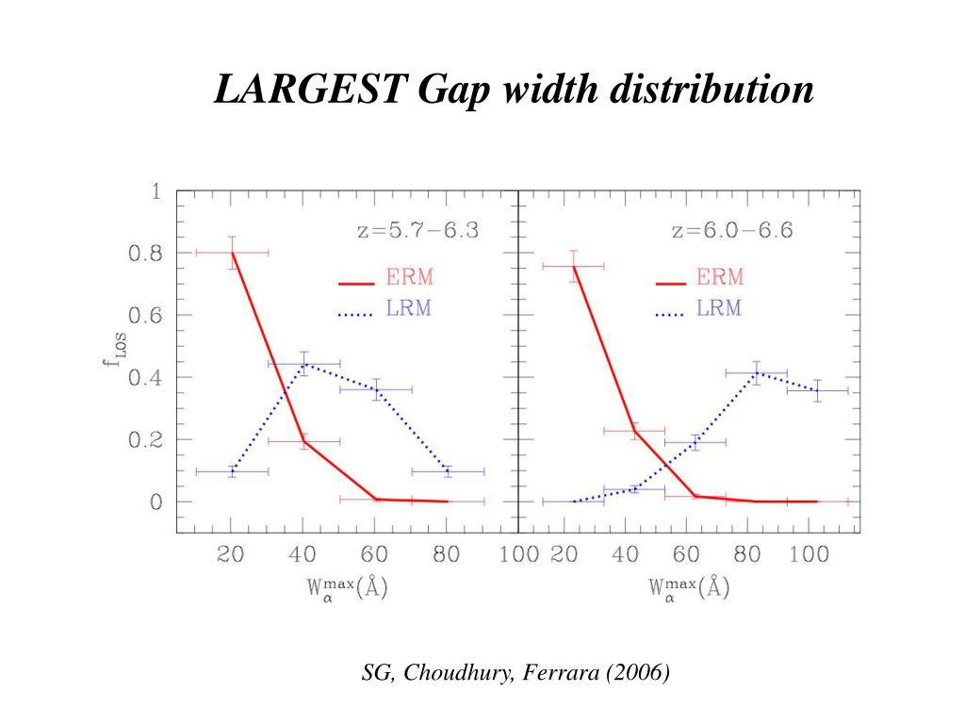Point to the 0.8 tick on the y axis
pos(144,254)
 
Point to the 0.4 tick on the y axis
pos(144,378)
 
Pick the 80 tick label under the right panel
pos(747,554)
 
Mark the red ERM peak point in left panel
pos(232,253)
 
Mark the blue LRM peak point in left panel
pos(303,363)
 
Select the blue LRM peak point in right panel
pos(757,372)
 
